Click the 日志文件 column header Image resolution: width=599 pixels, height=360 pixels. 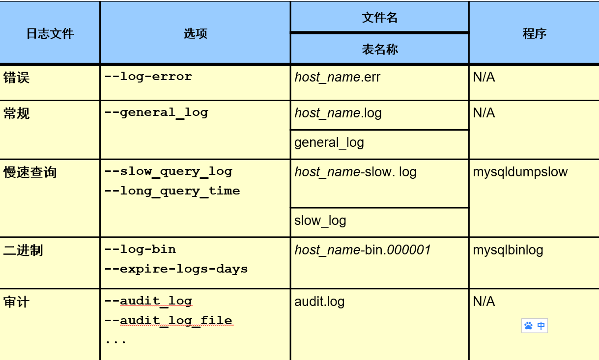[x=50, y=33]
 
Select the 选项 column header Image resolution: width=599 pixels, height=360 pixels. [x=195, y=33]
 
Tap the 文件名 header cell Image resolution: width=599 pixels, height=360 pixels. [x=379, y=18]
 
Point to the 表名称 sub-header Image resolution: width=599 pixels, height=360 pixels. [x=379, y=49]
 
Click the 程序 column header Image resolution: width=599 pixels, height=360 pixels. [x=534, y=33]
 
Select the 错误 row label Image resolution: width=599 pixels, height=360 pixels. [x=16, y=78]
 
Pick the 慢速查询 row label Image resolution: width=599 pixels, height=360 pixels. [x=30, y=172]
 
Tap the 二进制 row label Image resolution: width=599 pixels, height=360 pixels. [x=23, y=250]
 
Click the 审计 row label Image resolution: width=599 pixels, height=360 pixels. [x=16, y=302]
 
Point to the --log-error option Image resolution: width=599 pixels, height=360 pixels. [x=148, y=77]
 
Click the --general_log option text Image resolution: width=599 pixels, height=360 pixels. [x=156, y=112]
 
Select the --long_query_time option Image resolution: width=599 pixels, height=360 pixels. [x=172, y=191]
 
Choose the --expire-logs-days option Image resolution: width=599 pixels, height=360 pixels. [x=176, y=269]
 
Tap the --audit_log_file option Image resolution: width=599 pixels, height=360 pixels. [x=168, y=321]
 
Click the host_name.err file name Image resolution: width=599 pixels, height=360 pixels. [x=337, y=77]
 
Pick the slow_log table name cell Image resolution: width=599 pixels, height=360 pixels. [x=320, y=221]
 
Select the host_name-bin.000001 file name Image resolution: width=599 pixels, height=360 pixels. [x=363, y=250]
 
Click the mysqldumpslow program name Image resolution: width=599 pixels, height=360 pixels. [x=520, y=172]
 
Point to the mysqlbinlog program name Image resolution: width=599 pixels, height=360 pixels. [x=508, y=250]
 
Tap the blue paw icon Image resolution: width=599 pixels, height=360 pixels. [x=528, y=326]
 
